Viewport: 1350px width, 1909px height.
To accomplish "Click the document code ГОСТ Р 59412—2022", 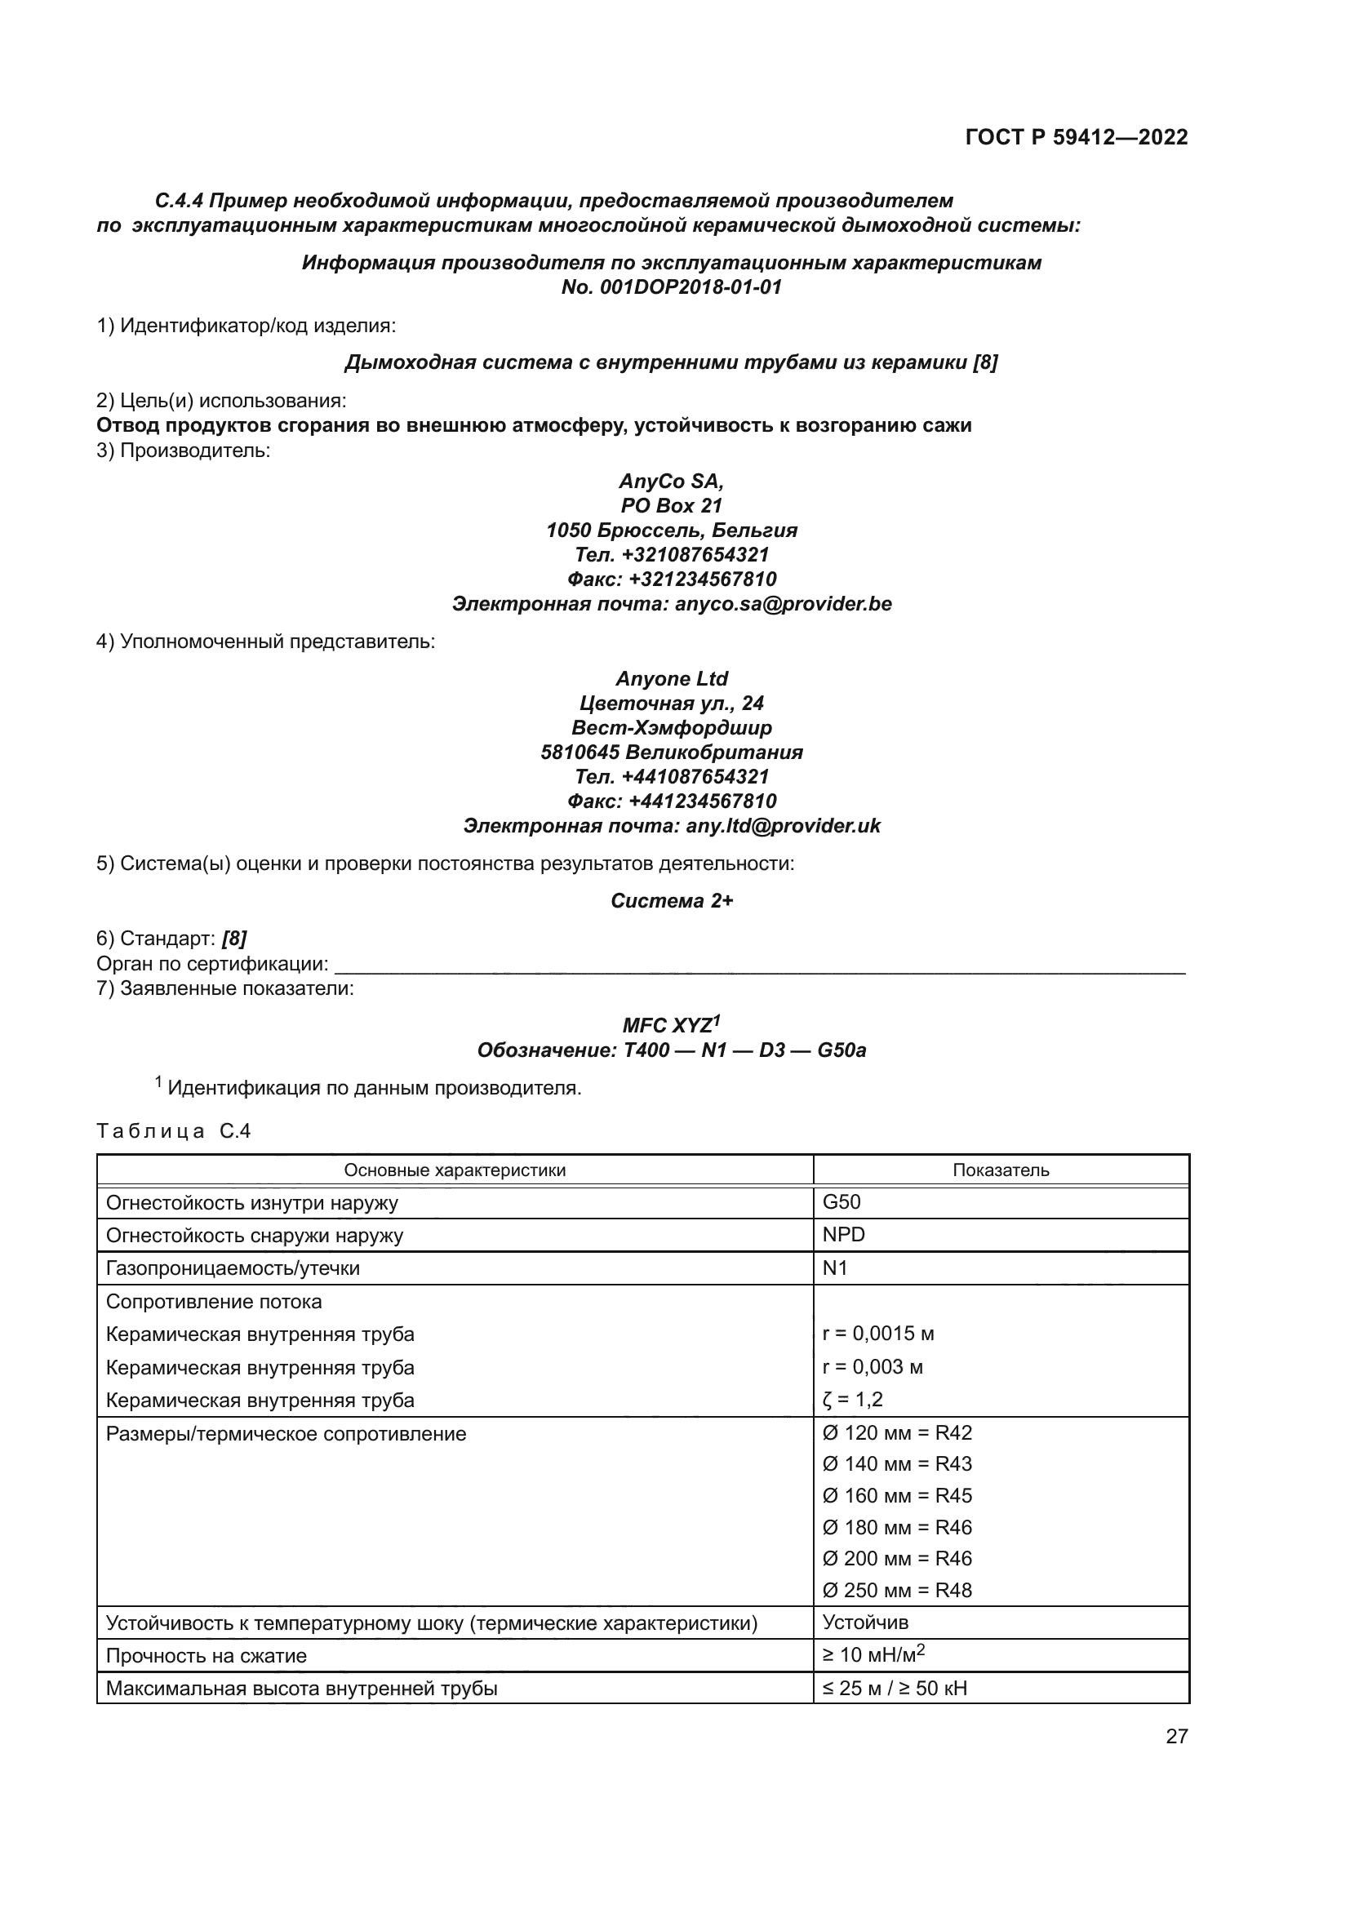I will point(1077,137).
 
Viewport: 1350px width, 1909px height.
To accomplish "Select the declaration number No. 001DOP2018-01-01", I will point(672,287).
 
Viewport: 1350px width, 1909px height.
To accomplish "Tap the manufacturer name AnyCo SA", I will point(671,482).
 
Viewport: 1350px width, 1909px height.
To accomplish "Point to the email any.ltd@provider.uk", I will point(783,826).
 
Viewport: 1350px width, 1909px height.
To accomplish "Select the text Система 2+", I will point(672,901).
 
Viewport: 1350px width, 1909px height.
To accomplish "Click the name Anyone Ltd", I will point(672,678).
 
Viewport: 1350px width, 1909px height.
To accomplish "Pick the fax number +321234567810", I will point(703,579).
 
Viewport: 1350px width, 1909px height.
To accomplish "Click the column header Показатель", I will point(1001,1170).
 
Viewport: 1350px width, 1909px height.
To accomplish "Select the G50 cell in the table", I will point(842,1202).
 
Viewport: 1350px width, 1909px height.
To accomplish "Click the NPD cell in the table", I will point(844,1235).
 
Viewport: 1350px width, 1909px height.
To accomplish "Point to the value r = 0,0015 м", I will point(879,1334).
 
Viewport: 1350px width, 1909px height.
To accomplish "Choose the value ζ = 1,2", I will point(853,1400).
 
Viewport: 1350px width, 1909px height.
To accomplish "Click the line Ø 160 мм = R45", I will point(897,1496).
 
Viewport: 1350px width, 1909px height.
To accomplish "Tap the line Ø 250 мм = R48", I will point(897,1591).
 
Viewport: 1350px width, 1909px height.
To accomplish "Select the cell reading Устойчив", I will point(865,1623).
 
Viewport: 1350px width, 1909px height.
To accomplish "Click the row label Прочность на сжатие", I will point(206,1655).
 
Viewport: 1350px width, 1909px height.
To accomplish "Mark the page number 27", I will point(1176,1737).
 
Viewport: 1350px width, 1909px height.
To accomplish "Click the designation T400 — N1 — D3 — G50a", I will point(744,1050).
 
